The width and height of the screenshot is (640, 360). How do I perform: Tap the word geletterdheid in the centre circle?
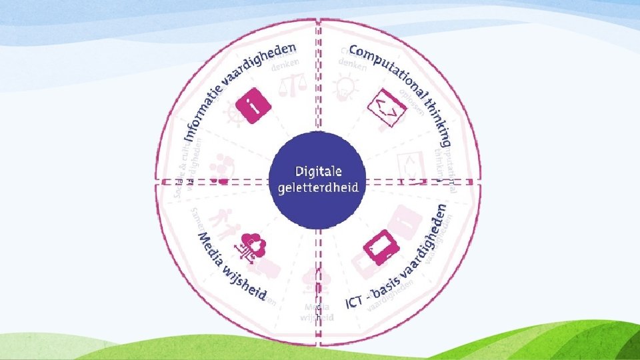tap(317, 187)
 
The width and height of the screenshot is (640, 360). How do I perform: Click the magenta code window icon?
tap(386, 107)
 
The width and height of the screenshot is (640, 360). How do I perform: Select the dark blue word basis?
tap(389, 285)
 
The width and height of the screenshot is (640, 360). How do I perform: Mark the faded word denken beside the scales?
tap(285, 63)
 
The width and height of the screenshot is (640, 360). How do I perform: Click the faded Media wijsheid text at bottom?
tap(317, 312)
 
